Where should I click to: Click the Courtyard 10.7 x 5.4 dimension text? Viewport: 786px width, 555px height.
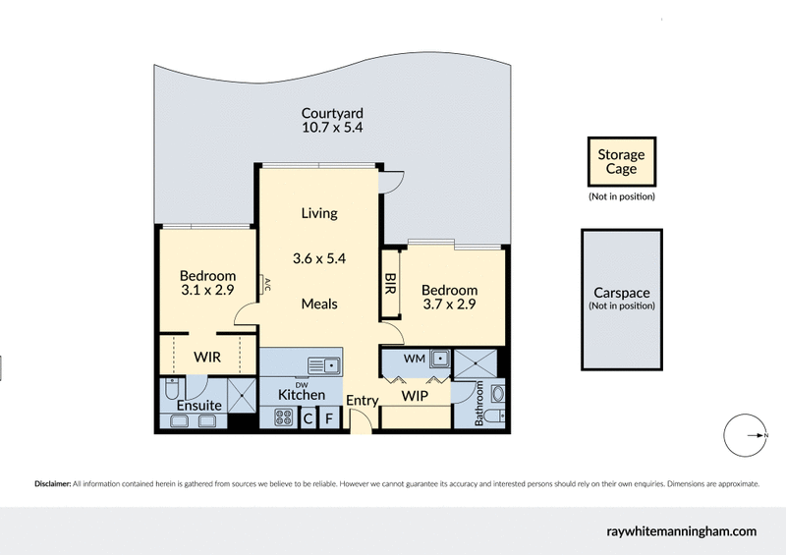click(x=333, y=128)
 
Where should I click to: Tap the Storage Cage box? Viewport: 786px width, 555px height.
click(x=621, y=162)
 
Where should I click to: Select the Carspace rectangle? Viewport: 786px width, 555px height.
click(x=621, y=299)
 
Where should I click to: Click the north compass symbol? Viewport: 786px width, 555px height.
click(x=745, y=436)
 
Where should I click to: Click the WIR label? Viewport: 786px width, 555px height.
click(x=206, y=357)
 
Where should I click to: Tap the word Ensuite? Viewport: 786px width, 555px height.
click(x=198, y=405)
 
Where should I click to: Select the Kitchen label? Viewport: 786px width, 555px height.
click(x=302, y=395)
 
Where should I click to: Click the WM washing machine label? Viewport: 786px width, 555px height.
click(x=414, y=360)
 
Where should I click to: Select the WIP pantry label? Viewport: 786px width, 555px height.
click(x=415, y=396)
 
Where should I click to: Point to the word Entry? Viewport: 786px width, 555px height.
click(x=363, y=400)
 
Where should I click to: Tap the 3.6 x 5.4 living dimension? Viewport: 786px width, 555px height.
click(x=319, y=259)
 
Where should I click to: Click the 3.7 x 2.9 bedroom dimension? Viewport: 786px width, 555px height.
click(x=449, y=305)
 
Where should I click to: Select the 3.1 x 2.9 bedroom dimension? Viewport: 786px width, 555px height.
click(x=207, y=291)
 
